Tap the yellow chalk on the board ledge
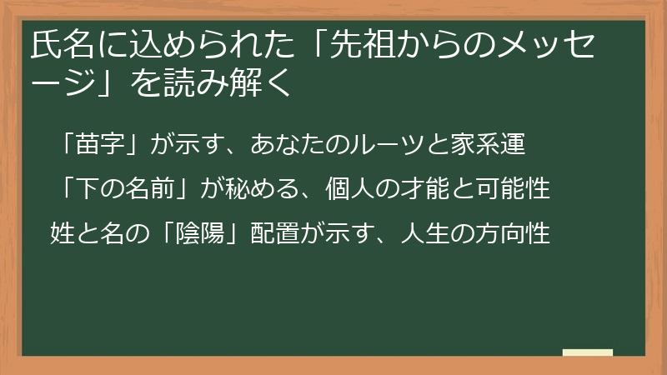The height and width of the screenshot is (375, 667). tap(588, 352)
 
